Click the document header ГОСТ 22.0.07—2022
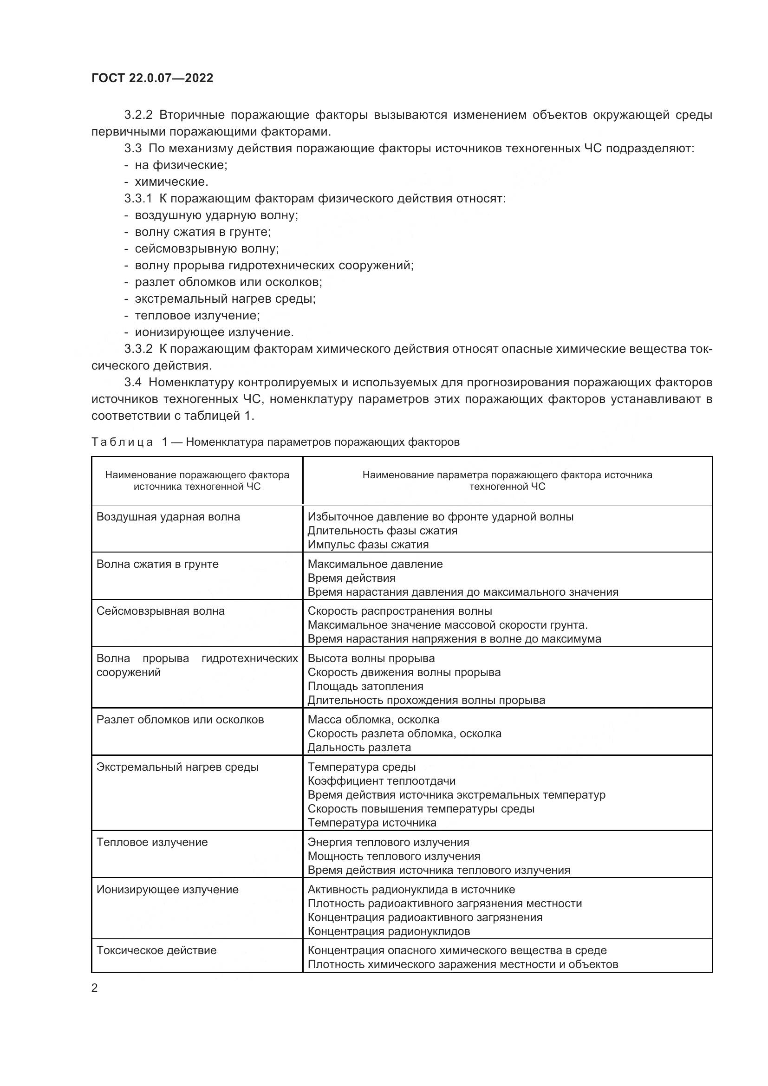(x=152, y=78)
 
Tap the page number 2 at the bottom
(x=95, y=988)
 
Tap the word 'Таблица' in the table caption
(x=122, y=442)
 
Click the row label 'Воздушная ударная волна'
(x=168, y=516)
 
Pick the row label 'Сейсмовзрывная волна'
(x=160, y=611)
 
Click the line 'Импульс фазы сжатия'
(x=368, y=545)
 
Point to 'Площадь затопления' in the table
(x=365, y=686)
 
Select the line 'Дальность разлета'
(x=359, y=748)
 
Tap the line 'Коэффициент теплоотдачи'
(x=382, y=781)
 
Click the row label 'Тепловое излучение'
(x=152, y=842)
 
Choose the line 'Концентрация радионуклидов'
(x=389, y=931)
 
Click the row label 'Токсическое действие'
(x=156, y=950)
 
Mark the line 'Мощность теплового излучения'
(x=393, y=856)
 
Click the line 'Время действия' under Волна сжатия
(x=351, y=578)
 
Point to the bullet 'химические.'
(x=171, y=182)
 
